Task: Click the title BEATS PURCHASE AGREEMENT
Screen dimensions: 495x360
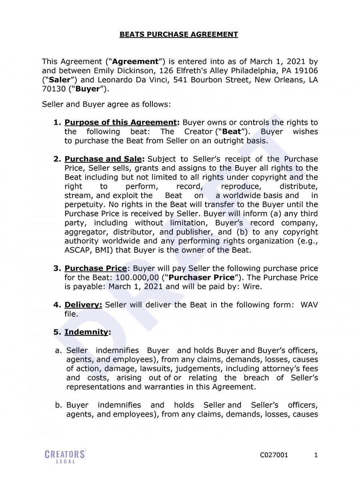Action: (x=178, y=34)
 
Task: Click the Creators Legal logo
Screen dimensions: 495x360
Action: (x=65, y=457)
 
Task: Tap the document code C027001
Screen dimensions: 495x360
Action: (x=274, y=455)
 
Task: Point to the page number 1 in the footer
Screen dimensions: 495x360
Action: (x=316, y=455)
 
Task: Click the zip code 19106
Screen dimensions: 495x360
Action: (x=307, y=71)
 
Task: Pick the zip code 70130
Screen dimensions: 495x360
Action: (x=54, y=89)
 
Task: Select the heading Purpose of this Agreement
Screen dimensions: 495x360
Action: (x=120, y=122)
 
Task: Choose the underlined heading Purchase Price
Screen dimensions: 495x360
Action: (x=96, y=268)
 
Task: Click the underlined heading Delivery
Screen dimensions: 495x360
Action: (x=83, y=305)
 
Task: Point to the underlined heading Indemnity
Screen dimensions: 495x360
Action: (x=86, y=332)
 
